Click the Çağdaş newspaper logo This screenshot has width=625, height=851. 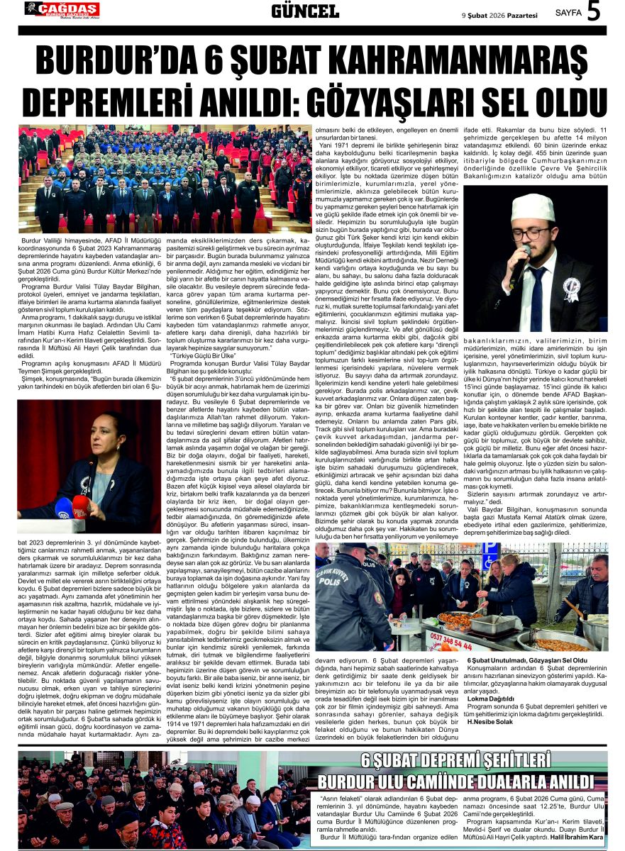coord(62,9)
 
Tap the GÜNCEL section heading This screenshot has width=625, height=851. coord(305,11)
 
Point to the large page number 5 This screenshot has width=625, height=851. coord(594,11)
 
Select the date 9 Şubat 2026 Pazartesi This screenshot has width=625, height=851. coord(500,13)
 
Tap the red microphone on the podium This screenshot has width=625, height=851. coord(80,504)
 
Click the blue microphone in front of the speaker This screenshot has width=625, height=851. coord(62,507)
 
